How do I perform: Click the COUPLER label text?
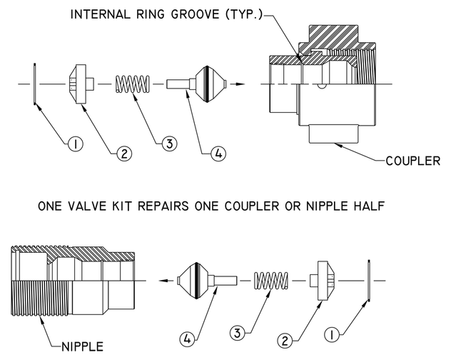[x=412, y=159]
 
